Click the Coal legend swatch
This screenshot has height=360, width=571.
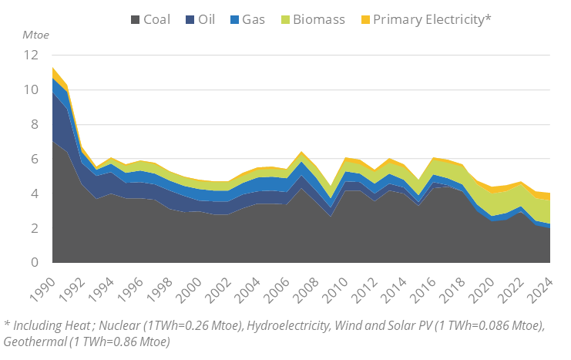tap(135, 19)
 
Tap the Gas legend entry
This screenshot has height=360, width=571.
tap(254, 19)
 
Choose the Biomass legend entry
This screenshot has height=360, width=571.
tap(317, 19)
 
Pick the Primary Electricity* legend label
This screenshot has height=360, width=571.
tap(432, 19)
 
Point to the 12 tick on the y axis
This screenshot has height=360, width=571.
tap(32, 56)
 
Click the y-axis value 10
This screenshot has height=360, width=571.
tap(32, 90)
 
